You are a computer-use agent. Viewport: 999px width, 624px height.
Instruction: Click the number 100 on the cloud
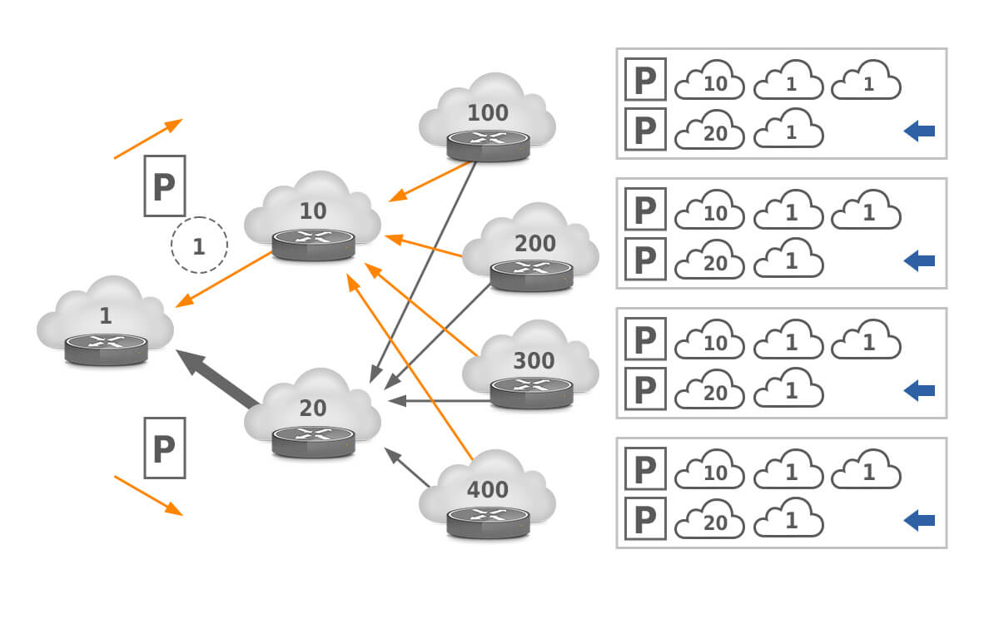[488, 112]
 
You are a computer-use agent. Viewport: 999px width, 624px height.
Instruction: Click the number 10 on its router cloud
[313, 210]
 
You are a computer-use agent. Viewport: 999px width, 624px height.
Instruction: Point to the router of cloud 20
[313, 441]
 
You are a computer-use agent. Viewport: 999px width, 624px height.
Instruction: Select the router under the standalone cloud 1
[106, 349]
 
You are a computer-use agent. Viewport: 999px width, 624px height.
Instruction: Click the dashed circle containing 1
[199, 245]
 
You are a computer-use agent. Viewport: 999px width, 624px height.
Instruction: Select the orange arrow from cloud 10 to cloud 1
[225, 279]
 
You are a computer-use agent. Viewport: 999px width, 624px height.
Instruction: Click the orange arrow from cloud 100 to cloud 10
[431, 181]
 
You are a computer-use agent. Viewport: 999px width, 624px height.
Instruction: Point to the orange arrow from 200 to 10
[425, 245]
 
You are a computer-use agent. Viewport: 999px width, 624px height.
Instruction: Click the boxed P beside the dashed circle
[164, 186]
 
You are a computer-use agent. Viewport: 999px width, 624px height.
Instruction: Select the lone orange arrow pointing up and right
[148, 138]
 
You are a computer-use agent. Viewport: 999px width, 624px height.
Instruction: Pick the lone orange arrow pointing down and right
[148, 495]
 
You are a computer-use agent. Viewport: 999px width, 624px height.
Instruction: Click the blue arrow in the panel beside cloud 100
[919, 131]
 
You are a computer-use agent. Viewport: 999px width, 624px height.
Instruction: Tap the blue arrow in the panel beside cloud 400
[919, 521]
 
